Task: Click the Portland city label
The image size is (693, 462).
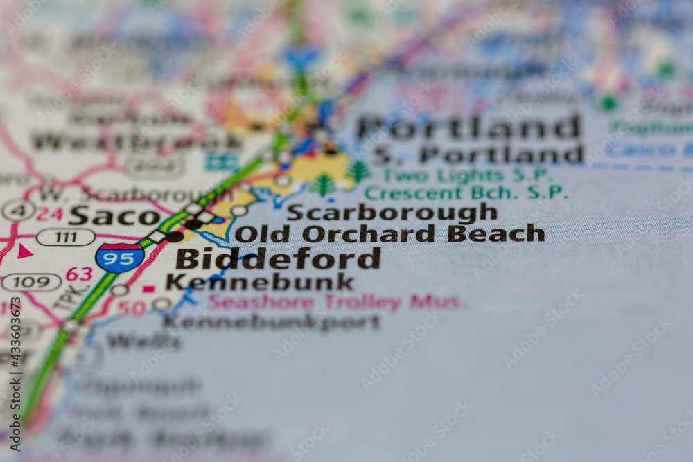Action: click(469, 127)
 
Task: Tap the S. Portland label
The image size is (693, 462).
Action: click(478, 154)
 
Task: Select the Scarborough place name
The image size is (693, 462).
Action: click(392, 212)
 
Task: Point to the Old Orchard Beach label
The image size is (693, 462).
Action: click(389, 233)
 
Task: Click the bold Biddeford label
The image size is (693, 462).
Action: click(278, 258)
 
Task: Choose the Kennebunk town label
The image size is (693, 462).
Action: click(260, 282)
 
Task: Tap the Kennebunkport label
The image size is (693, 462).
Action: click(272, 322)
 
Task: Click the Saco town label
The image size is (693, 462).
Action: click(114, 216)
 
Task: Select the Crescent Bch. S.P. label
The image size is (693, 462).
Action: click(466, 193)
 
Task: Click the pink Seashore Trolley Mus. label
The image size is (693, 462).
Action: click(336, 302)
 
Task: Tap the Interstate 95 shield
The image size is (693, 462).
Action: click(119, 257)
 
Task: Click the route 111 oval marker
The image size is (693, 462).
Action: click(66, 238)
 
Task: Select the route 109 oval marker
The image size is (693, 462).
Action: click(31, 282)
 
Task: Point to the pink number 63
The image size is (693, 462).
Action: click(79, 274)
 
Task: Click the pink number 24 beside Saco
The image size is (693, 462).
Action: click(49, 214)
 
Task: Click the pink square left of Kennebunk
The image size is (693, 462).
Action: click(148, 288)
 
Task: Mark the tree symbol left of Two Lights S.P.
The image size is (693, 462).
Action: click(358, 171)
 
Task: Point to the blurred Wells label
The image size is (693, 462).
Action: click(143, 341)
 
